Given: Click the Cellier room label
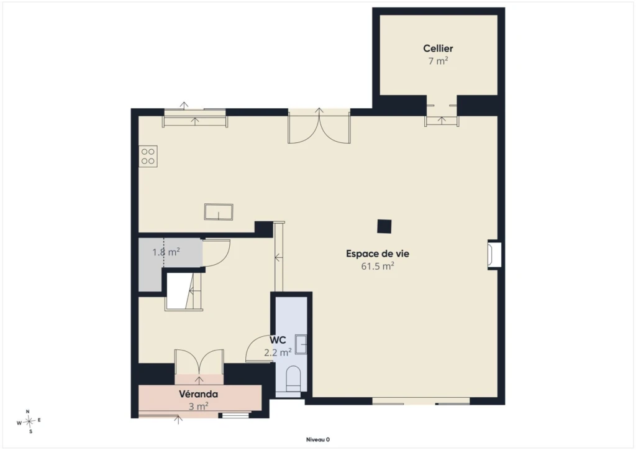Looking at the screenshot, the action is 438,48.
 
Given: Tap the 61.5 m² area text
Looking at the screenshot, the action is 378,266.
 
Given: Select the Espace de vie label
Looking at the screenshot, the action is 378,254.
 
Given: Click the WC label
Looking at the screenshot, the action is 278,340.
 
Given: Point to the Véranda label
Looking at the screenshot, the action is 198,394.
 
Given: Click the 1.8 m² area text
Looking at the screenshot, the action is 166,252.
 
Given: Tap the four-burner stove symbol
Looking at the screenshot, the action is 148,156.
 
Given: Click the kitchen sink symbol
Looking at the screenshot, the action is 219,212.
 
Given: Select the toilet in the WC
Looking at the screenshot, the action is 293,378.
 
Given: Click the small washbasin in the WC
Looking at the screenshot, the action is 301,344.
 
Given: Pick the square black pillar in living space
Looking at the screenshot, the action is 384,226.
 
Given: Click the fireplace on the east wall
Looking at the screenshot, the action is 494,255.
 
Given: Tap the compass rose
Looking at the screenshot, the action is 29,422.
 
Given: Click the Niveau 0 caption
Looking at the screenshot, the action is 317,439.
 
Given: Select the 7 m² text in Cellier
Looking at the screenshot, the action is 438,61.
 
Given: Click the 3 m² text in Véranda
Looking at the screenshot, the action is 198,406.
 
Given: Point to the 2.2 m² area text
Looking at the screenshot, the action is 278,352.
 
